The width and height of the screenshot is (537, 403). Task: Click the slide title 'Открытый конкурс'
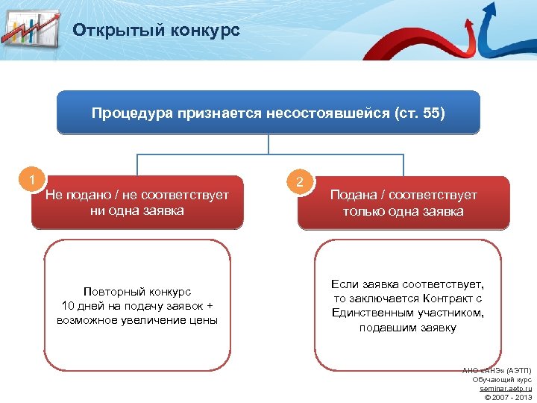click(x=156, y=31)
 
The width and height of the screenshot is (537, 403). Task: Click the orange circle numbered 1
click(x=32, y=178)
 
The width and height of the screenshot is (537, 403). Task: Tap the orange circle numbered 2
click(x=299, y=182)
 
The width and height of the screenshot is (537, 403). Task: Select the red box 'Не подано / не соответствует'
click(x=137, y=202)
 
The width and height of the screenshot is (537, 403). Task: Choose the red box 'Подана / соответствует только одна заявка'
click(x=403, y=202)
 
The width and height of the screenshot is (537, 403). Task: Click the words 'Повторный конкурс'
click(x=137, y=292)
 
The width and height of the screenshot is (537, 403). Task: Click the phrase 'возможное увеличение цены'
click(x=137, y=320)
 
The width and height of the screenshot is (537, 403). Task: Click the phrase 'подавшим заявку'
click(x=407, y=327)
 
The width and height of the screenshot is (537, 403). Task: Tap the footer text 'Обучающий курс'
click(x=502, y=379)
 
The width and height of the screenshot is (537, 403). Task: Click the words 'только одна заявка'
click(x=403, y=211)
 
